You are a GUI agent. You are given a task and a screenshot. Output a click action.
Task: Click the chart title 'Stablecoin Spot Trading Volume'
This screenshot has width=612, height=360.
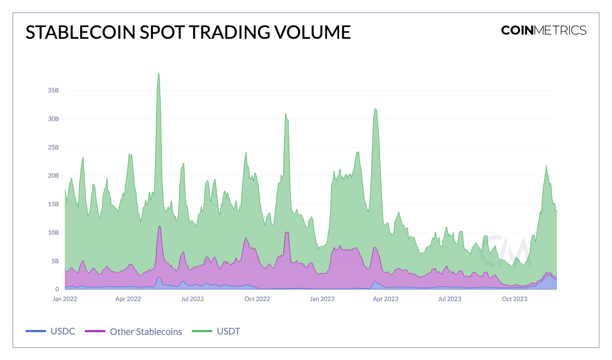(188, 32)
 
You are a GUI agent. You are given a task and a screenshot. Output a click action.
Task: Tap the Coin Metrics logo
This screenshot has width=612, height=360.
(543, 30)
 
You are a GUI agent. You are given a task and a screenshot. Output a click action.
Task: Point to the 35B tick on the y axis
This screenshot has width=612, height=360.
(54, 90)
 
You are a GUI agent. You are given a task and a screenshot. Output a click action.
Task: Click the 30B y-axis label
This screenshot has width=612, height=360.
(54, 119)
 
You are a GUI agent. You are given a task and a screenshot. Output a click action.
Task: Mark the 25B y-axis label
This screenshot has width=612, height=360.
(54, 147)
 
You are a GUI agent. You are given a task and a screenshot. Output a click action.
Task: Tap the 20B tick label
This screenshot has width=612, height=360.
(54, 175)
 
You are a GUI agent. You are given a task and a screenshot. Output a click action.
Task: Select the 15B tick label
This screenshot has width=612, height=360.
(54, 204)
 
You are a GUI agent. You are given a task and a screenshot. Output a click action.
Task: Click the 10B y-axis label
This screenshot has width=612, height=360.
(54, 233)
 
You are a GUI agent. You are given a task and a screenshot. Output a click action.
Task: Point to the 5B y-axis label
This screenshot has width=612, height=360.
(55, 261)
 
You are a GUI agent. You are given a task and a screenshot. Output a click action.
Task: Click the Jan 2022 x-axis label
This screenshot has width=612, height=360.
(65, 299)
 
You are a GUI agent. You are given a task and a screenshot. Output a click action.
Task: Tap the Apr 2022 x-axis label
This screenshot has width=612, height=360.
(129, 299)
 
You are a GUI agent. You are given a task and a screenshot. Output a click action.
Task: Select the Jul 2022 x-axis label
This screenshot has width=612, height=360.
(193, 299)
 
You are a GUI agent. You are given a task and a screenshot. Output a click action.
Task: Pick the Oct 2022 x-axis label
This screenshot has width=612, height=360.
(257, 299)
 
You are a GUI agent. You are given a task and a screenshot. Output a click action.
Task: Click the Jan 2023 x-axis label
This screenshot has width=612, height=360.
(322, 299)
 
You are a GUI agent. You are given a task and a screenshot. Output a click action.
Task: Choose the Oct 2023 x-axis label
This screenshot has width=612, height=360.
(514, 299)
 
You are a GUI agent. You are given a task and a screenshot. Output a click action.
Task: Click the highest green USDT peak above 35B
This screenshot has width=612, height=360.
(159, 73)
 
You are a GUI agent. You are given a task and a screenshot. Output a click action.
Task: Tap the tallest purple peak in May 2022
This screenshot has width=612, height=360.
(160, 227)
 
